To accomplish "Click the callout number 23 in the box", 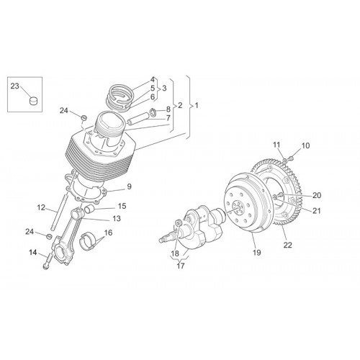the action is pos(14,86).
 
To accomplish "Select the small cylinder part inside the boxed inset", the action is pos(34,101).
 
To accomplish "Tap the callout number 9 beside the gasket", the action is pos(129,186).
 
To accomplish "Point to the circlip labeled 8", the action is pos(153,112).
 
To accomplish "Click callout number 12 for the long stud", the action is pos(41,207).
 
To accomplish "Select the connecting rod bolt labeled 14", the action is pos(48,261).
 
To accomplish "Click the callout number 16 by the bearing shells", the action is pos(108,233).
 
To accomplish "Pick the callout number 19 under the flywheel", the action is pos(256,252).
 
